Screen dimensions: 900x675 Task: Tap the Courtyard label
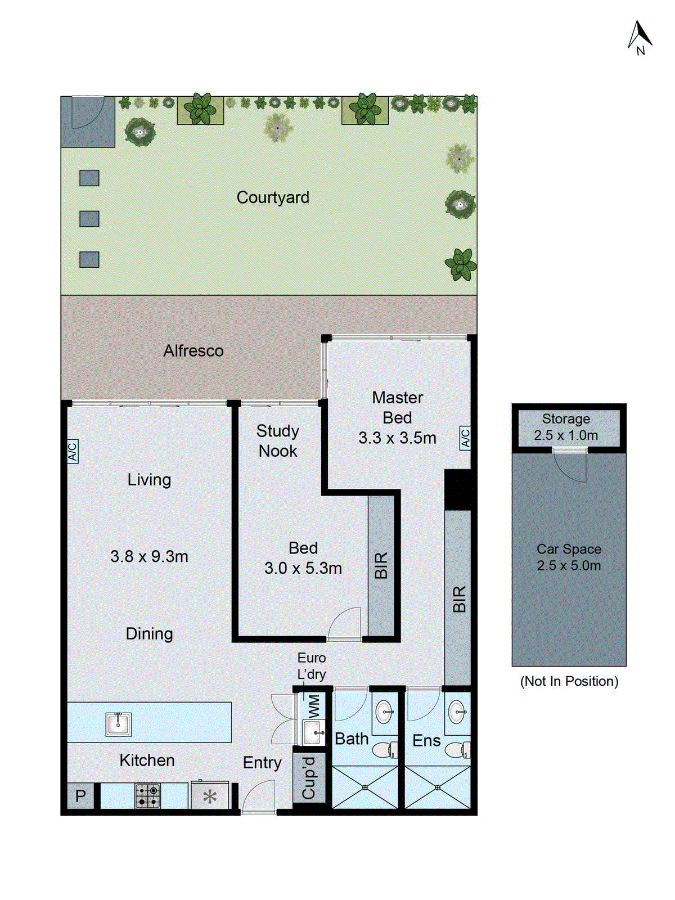(x=273, y=197)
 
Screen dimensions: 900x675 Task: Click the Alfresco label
(x=193, y=351)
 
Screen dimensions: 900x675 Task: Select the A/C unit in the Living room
(x=73, y=451)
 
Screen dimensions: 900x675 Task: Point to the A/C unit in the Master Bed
(x=465, y=438)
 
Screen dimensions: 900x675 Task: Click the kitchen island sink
(x=118, y=723)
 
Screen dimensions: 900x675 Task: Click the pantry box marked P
(x=80, y=796)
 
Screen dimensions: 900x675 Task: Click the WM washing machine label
(x=313, y=705)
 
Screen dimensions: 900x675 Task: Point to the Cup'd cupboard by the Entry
(x=309, y=778)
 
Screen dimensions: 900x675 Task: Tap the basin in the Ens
(x=457, y=712)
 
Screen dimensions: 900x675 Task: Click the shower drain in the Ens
(x=438, y=787)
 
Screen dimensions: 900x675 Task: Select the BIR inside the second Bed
(x=381, y=565)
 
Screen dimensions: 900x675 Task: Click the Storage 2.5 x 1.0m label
(x=566, y=427)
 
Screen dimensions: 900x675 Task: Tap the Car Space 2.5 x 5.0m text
(x=569, y=557)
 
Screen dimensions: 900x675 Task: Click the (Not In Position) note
(x=569, y=681)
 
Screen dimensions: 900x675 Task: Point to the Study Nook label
(x=278, y=441)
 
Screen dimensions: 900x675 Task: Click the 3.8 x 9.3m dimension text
(x=149, y=556)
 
